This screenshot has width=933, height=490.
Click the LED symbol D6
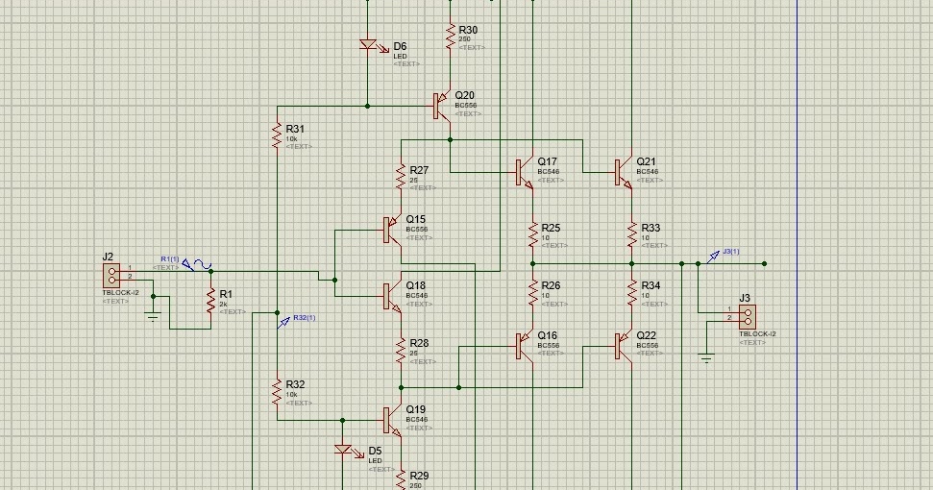click(368, 45)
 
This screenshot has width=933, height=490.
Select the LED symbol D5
click(344, 449)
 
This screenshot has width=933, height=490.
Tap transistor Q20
click(441, 105)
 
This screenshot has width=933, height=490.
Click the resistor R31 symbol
click(277, 135)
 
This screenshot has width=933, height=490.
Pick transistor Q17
click(524, 171)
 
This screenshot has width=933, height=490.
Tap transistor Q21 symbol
click(623, 171)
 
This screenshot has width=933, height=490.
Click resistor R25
click(532, 234)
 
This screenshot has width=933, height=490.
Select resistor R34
click(631, 291)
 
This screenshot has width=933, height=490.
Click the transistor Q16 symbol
click(524, 346)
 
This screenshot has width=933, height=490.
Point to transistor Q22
click(623, 346)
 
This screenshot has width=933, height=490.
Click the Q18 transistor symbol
click(391, 295)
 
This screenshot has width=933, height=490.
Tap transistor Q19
click(391, 420)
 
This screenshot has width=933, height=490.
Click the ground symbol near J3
click(706, 359)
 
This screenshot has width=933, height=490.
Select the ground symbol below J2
click(152, 316)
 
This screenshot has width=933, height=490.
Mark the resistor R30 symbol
click(450, 36)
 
